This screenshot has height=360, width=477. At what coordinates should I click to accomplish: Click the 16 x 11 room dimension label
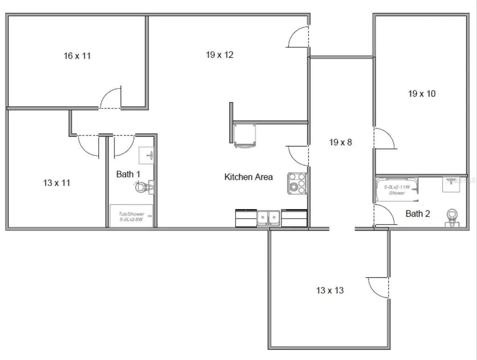click(x=77, y=56)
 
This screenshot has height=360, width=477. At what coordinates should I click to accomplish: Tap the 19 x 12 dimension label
click(x=220, y=55)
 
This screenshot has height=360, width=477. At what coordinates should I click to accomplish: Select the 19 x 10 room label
click(x=422, y=94)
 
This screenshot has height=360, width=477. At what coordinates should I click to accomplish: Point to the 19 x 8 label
click(x=341, y=143)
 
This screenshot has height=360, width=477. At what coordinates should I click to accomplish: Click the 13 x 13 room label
click(x=330, y=291)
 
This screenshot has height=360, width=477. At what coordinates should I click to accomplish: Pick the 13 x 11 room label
click(x=57, y=183)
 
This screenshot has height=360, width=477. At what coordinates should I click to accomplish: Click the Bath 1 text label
click(x=128, y=174)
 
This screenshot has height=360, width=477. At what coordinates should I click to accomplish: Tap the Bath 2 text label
click(x=417, y=214)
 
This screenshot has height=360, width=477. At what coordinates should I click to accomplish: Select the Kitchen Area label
click(x=248, y=177)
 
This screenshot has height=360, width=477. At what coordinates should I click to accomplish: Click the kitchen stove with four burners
click(x=297, y=183)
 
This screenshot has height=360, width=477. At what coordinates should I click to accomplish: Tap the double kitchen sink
click(x=269, y=218)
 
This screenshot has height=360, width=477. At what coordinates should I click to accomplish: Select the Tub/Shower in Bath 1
click(x=131, y=216)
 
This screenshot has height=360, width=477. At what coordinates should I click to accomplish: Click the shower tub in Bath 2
click(x=397, y=190)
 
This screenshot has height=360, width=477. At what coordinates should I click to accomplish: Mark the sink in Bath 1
click(x=147, y=154)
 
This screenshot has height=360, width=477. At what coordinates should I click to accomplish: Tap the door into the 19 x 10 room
click(x=384, y=138)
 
